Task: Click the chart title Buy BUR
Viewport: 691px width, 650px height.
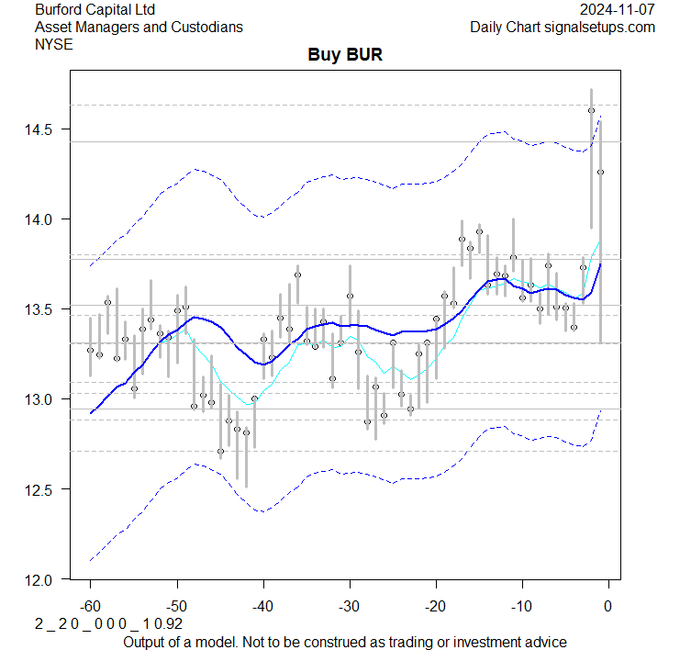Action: (345, 55)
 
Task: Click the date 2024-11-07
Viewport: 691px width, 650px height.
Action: (618, 9)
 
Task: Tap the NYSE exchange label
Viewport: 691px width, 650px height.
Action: (53, 44)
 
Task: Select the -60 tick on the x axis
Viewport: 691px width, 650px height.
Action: (90, 607)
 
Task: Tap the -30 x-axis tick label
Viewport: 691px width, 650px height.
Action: (349, 607)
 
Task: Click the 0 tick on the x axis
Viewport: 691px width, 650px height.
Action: (607, 607)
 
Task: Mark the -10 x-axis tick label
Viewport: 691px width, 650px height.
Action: (521, 607)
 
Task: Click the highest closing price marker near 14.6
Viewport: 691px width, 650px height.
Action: (591, 110)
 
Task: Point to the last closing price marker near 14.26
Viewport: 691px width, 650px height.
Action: (600, 172)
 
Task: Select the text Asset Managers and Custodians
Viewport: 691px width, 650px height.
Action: (139, 27)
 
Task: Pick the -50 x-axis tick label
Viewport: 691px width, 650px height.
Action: (176, 607)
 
